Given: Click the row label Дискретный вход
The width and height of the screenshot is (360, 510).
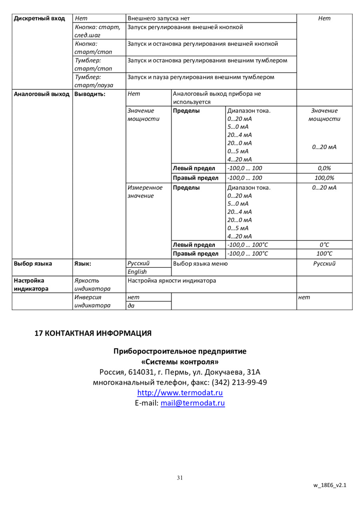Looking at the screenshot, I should (x=39, y=18).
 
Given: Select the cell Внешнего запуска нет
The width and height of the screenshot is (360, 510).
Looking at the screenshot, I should (x=158, y=18).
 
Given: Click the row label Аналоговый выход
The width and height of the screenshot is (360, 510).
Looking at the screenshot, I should (x=42, y=94).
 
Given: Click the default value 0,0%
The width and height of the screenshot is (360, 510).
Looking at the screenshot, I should (x=324, y=169).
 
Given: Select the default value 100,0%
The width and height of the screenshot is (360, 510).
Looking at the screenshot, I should (x=324, y=178).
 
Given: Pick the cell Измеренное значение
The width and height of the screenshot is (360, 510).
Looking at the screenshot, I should (x=145, y=191).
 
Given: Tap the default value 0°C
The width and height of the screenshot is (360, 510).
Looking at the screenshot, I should (x=324, y=245).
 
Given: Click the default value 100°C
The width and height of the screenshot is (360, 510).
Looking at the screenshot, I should (x=324, y=254).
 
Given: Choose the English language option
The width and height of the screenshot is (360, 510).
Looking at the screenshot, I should (x=137, y=272).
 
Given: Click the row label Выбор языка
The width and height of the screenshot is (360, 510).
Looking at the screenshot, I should (x=33, y=263).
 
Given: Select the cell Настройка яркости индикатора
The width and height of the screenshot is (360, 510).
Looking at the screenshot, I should (x=172, y=281).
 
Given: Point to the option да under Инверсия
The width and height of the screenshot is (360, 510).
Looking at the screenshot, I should (x=131, y=306).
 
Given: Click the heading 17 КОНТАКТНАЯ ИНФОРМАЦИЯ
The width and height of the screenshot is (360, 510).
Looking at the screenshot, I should (x=93, y=333).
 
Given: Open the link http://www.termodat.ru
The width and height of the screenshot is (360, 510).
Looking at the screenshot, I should (x=180, y=393).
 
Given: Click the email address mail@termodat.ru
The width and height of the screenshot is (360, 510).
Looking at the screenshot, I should (x=192, y=403).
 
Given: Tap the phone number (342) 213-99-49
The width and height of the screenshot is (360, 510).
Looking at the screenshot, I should (x=239, y=382).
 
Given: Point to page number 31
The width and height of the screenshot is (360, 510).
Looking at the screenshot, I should (x=180, y=478).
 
